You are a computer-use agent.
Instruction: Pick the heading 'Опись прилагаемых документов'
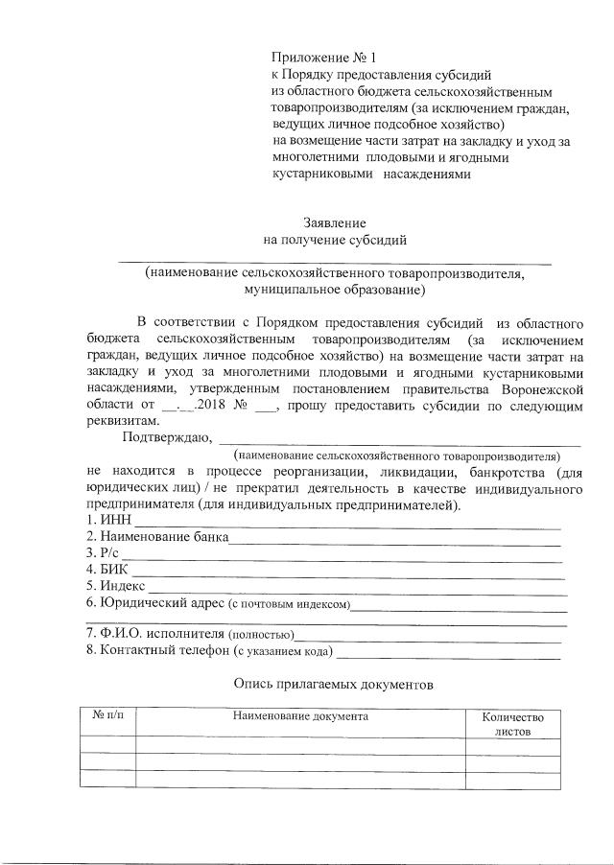[334, 687]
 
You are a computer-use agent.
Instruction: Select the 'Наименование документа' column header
[299, 716]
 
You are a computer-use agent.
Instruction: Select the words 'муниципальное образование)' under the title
[334, 289]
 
